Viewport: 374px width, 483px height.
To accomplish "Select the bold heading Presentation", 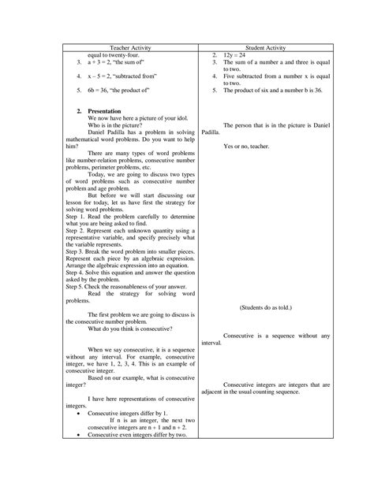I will [x=103, y=111].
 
